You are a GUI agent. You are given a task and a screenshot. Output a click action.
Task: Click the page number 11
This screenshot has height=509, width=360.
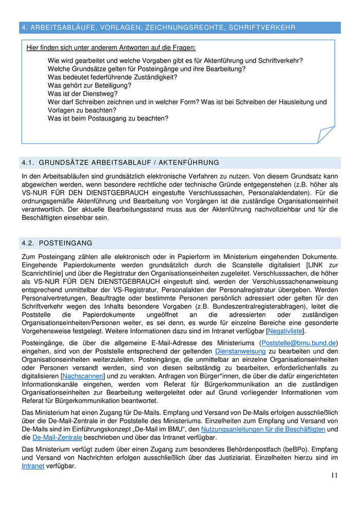coord(334,475)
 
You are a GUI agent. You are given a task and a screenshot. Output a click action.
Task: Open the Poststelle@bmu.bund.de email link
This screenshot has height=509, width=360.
coord(299,343)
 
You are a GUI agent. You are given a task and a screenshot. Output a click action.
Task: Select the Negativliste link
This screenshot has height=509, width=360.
coord(285,331)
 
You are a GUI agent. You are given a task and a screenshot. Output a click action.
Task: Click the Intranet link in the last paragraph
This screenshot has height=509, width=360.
coord(33,466)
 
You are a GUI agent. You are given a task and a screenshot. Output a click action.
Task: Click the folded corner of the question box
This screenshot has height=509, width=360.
coord(326,135)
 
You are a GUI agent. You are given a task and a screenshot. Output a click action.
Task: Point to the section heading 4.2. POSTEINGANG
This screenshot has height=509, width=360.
coord(57,243)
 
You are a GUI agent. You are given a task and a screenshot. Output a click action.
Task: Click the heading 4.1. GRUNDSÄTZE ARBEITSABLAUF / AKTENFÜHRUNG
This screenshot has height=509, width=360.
coord(120,163)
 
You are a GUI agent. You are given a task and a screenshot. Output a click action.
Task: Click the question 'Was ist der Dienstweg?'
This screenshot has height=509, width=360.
coord(83,94)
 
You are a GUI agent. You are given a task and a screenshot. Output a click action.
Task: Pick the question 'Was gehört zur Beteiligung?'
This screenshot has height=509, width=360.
coord(89,85)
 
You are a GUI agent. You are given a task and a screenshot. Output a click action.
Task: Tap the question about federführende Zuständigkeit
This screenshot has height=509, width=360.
coord(112,77)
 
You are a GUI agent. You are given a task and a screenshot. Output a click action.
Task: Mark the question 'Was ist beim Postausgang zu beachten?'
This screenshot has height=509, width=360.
coord(108,118)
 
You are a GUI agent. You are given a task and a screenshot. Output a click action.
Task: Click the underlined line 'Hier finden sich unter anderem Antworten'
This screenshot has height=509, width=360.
coord(111,48)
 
